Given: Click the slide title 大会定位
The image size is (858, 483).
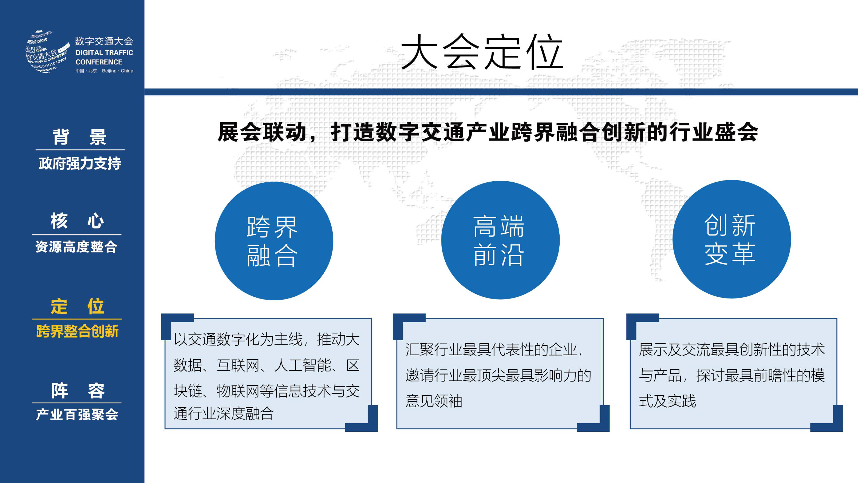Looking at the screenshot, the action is click(x=482, y=52).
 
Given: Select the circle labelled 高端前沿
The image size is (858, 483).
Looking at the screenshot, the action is click(x=500, y=240).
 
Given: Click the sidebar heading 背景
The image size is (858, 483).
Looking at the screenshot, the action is click(x=79, y=137).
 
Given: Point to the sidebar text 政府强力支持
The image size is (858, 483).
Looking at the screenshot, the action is click(x=80, y=163).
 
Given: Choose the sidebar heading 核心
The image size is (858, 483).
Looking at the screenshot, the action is click(x=77, y=221).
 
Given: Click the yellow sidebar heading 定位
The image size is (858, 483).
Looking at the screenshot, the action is click(x=77, y=307).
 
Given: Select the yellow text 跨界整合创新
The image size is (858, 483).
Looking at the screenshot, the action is click(x=77, y=331).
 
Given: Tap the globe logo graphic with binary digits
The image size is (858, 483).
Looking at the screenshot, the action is click(x=47, y=52).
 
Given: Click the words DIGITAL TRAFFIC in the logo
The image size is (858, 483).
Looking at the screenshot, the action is click(x=104, y=53).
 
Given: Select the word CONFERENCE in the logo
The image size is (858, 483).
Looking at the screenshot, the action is click(x=99, y=62).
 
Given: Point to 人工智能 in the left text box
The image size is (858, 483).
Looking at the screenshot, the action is click(x=302, y=365).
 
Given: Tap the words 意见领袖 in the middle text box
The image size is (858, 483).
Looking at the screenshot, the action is click(x=434, y=401).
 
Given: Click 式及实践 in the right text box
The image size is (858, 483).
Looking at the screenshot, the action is click(x=668, y=401).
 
